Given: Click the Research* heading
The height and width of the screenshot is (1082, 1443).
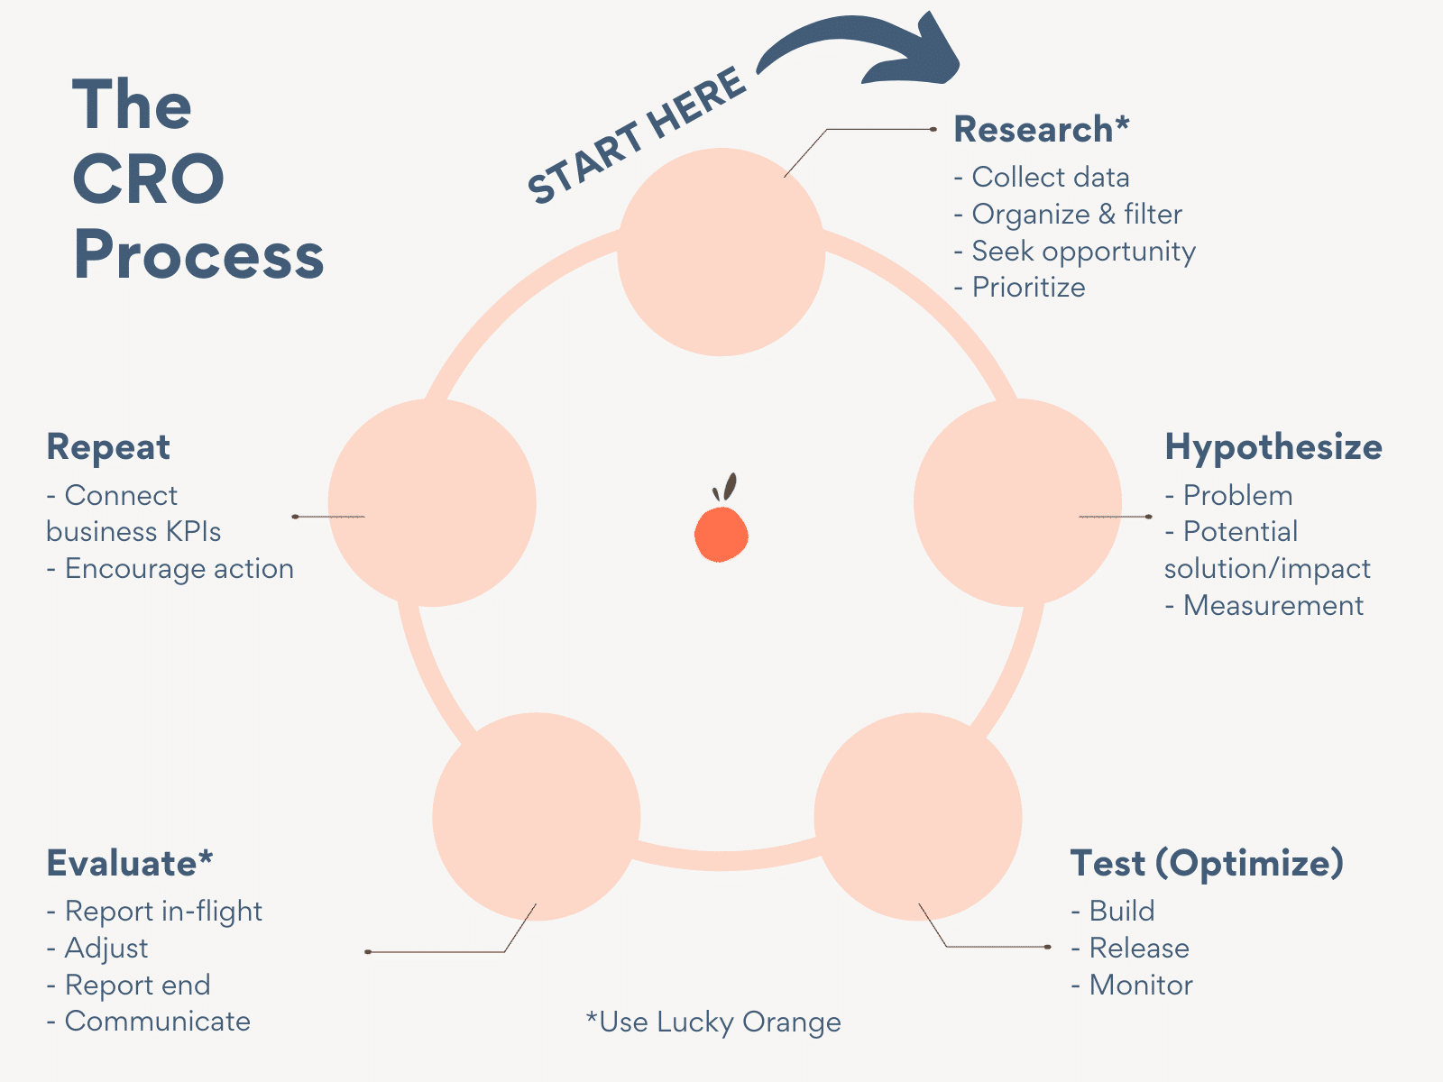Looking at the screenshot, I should coord(1041,130).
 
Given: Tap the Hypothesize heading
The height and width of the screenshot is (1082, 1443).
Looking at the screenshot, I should coord(1273,447).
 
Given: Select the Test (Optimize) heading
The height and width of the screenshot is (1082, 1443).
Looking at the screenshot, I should coord(1206,864).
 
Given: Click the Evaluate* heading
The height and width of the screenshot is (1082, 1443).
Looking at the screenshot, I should coord(130,864).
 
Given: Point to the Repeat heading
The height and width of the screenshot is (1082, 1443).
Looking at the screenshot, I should coord(108,447).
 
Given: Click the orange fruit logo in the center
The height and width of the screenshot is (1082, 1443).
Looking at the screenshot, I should coord(721,532).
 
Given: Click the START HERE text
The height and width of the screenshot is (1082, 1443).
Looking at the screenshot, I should coord(637,135).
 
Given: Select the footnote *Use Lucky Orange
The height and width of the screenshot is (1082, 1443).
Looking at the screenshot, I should coord(713,1022).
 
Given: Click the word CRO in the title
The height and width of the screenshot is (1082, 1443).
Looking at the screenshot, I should coord(149,179).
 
